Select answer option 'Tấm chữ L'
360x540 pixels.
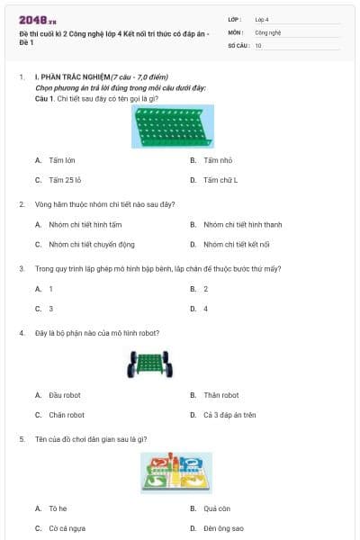(220, 180)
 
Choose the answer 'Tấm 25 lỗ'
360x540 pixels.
(66, 180)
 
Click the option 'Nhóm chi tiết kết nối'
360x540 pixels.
(237, 244)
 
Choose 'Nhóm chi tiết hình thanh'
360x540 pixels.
(242, 224)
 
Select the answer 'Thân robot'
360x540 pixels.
(220, 395)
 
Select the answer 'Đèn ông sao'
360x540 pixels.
(223, 528)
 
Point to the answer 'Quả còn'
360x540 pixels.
(217, 508)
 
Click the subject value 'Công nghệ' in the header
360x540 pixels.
(268, 31)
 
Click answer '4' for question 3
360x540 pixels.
(205, 309)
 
